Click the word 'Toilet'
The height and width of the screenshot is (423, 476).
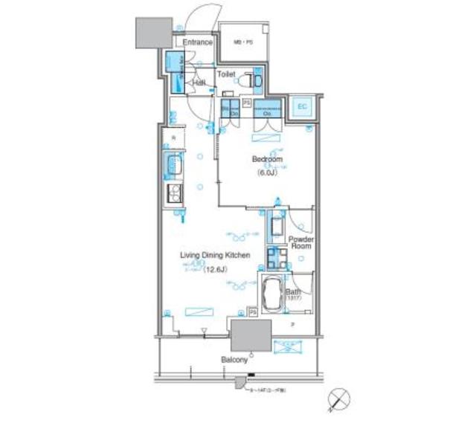(227, 74)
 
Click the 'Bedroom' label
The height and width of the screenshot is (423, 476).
(266, 160)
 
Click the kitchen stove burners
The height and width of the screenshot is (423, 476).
(175, 194)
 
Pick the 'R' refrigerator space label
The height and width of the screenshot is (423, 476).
(173, 138)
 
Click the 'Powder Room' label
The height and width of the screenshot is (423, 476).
(301, 243)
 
